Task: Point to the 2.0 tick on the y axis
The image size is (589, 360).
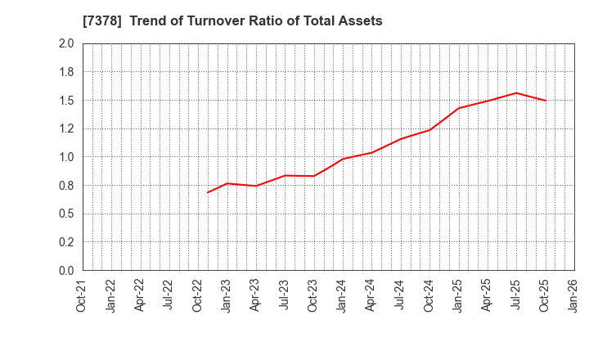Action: (66, 44)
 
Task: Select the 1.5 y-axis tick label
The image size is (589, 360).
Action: (66, 101)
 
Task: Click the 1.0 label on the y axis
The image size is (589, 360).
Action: (66, 157)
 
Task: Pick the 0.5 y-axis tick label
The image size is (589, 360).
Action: (66, 214)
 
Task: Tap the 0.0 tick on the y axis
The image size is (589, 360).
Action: (66, 271)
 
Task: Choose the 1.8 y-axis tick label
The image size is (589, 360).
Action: (66, 72)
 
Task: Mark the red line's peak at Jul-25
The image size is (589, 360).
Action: (516, 92)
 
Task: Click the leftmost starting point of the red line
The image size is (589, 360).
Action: (208, 192)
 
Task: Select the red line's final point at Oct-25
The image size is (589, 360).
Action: (545, 101)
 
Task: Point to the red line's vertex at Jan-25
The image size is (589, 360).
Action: (458, 108)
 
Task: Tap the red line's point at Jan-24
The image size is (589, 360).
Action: (343, 159)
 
